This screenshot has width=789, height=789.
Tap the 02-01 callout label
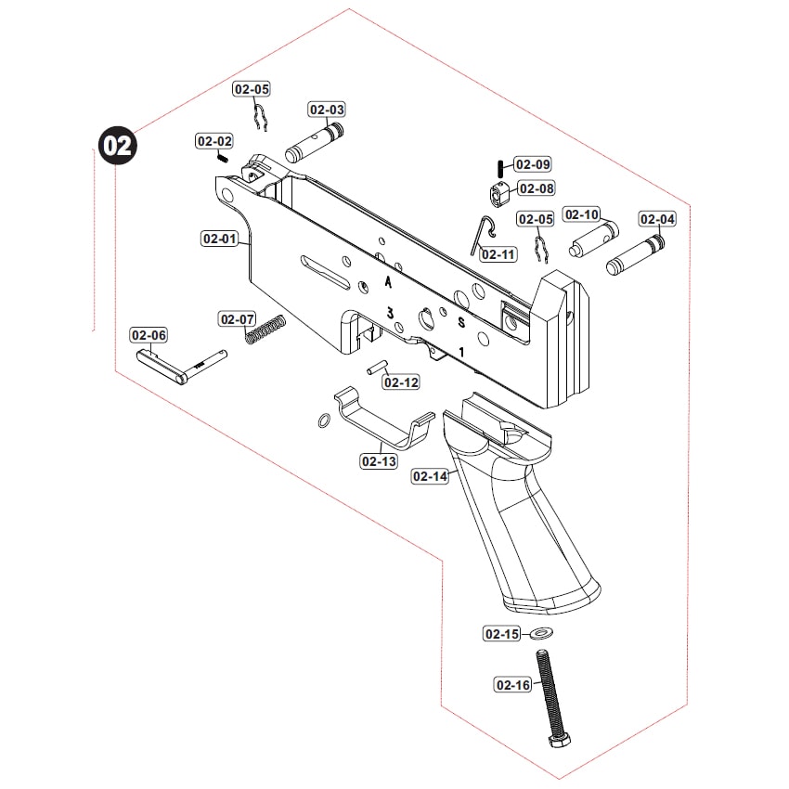[x=220, y=239]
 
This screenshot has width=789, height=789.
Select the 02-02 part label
[x=213, y=141]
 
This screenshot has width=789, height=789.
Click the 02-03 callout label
[x=326, y=110]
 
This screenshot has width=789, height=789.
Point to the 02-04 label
[x=657, y=219]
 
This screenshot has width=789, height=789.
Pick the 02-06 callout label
[x=149, y=335]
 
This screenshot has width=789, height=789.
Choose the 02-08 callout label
[x=536, y=188]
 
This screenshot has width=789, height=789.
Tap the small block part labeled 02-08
[x=499, y=194]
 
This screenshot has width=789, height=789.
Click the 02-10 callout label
[x=498, y=254]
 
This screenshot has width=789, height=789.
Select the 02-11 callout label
[x=401, y=382]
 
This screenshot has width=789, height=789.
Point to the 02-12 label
[x=379, y=461]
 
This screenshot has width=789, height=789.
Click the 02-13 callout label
[x=430, y=476]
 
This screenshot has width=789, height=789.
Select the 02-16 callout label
[x=512, y=685]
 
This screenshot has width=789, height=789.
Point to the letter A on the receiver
[x=388, y=279]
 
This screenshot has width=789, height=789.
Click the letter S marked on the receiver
[x=461, y=322]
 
